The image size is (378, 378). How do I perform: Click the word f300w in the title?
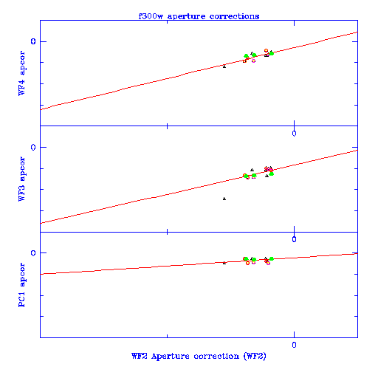(x=151, y=16)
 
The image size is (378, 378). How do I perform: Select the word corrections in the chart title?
(x=234, y=16)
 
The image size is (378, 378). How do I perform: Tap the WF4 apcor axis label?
(x=21, y=73)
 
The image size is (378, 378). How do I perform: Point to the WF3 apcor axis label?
(x=21, y=179)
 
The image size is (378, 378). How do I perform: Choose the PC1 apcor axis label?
(x=21, y=285)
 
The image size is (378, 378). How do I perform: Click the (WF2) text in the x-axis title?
(x=255, y=356)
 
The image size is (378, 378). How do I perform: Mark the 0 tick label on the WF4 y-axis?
(x=33, y=41)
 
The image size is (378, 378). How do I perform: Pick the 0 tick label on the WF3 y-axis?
(x=33, y=147)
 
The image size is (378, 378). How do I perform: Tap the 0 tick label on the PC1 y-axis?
(x=33, y=253)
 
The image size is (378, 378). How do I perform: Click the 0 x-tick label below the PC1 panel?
(x=294, y=345)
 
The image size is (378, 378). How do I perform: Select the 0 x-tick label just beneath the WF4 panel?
(x=294, y=134)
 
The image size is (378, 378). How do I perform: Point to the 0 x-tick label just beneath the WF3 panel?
(x=294, y=239)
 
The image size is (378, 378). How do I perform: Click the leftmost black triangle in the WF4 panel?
(x=224, y=66)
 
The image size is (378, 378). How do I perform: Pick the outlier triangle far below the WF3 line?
(x=224, y=199)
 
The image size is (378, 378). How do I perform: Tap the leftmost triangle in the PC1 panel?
(x=224, y=263)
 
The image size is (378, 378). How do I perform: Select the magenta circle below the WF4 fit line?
(x=253, y=61)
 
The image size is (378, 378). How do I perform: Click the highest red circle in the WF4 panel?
(x=266, y=50)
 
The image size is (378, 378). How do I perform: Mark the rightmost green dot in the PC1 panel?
(x=272, y=258)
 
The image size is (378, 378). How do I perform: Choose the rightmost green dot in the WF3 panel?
(x=272, y=173)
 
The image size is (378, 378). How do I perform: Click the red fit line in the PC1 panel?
(x=199, y=264)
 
